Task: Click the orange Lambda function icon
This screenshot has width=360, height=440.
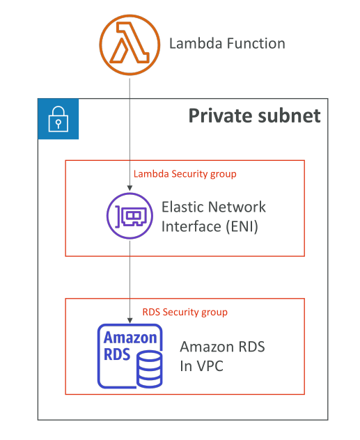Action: point(130,45)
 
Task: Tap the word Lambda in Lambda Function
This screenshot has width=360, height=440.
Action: point(196,43)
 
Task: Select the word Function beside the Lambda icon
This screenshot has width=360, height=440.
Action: point(256,43)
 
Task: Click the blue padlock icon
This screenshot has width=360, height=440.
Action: point(58,119)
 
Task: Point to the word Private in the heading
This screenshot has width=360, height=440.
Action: point(221,116)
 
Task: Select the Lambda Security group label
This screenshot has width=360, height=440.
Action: point(185,174)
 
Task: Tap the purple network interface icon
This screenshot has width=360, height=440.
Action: point(130,216)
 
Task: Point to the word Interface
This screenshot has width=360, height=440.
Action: point(191,226)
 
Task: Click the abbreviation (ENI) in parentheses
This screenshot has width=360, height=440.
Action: point(242,227)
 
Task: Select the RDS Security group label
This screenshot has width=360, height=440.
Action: point(185,312)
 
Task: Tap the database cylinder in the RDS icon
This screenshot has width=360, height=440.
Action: point(150,369)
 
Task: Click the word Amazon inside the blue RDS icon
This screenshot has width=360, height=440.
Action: point(130,338)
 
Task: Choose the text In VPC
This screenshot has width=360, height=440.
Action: point(202,366)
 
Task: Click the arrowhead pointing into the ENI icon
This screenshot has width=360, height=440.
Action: point(130,188)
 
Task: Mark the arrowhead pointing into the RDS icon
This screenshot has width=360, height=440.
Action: point(130,320)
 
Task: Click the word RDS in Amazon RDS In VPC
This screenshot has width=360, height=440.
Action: point(251,347)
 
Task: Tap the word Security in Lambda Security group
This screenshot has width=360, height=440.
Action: point(189,174)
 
